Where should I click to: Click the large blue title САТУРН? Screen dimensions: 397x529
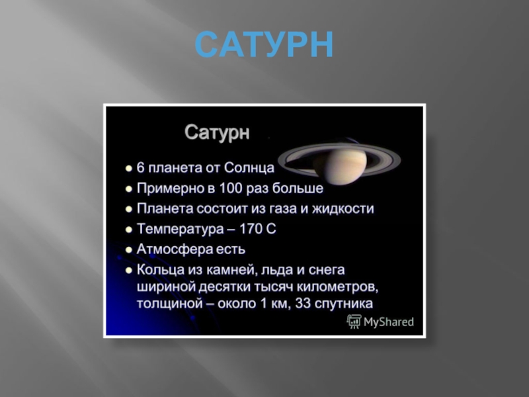coord(264,45)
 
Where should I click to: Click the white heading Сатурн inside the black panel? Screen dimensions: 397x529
coord(217,132)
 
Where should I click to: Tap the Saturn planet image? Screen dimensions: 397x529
coord(339,160)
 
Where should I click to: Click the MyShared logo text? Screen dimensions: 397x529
coord(388,322)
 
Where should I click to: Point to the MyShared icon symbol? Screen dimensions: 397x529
coord(354,322)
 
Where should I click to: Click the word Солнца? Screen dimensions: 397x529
coord(249,168)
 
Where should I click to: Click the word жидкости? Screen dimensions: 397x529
coord(347,209)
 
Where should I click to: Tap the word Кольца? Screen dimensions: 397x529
coord(159,270)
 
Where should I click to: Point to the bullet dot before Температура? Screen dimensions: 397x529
coord(129,230)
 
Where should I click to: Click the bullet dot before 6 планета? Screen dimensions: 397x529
coord(129,169)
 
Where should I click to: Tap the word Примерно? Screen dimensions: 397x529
coord(168,189)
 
